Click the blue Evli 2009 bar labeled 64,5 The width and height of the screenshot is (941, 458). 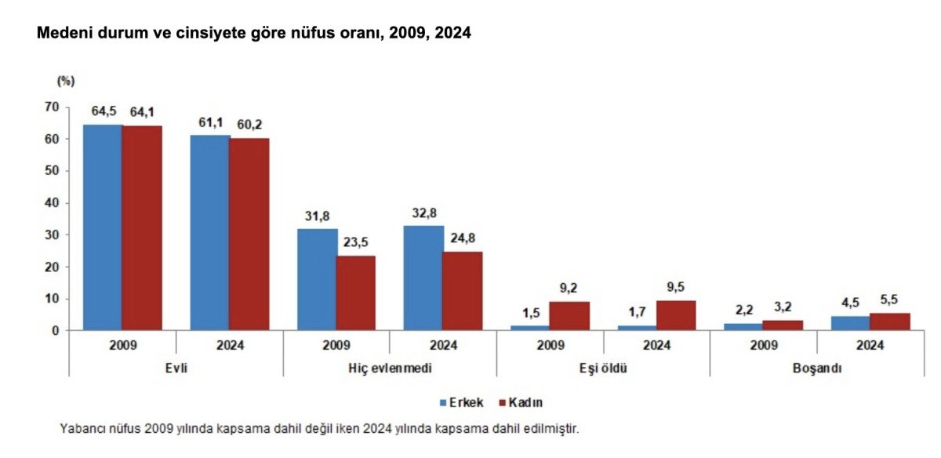pos(103,227)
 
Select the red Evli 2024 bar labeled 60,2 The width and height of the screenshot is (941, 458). pos(249,234)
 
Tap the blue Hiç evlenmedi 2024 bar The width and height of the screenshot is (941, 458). pos(423,278)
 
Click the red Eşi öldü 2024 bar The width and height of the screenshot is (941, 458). pos(676,315)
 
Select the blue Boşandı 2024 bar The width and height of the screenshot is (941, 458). pos(850,323)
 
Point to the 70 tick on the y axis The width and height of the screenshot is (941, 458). pos(52,107)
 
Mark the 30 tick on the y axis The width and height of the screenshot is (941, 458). pos(52,234)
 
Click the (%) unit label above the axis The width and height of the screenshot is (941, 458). pos(65,81)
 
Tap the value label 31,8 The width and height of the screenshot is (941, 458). pos(316,216)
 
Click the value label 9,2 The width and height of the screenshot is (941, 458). pos(569,289)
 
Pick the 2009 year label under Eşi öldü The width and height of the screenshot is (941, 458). pos(549,345)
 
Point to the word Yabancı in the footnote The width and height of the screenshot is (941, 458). pos(81,429)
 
